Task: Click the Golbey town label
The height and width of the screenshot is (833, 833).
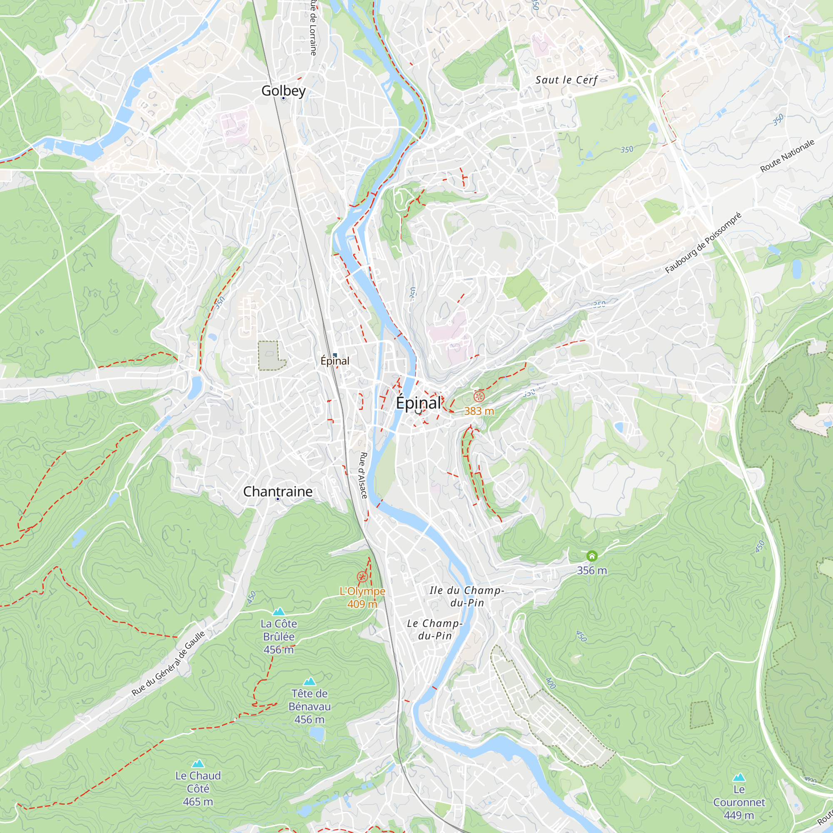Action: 283,90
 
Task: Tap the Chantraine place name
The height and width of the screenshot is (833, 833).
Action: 278,491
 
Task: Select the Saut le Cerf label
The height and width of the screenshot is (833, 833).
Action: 566,80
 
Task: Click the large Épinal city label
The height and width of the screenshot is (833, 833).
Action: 418,403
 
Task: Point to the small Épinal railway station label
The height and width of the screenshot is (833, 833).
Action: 335,361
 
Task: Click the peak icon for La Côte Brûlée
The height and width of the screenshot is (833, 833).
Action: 279,611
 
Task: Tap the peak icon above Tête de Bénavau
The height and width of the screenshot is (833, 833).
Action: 309,681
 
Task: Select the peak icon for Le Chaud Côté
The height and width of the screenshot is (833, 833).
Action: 198,763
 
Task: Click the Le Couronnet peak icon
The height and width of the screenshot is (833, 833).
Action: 739,777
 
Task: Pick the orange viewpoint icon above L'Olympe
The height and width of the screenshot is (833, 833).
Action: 362,577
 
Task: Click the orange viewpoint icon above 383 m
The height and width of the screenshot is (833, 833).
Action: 479,397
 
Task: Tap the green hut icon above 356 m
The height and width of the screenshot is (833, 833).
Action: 592,556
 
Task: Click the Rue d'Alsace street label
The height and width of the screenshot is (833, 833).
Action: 364,476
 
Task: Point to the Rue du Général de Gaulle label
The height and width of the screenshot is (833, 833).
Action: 169,663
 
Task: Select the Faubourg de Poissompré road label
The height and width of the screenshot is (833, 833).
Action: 703,243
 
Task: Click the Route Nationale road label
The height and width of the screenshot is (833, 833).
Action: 787,156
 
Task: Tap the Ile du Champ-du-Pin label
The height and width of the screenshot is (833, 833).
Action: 467,596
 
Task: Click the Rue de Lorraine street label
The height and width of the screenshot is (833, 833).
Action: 314,28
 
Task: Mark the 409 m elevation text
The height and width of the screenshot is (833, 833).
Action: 362,604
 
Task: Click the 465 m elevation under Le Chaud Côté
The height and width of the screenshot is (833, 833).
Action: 198,801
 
